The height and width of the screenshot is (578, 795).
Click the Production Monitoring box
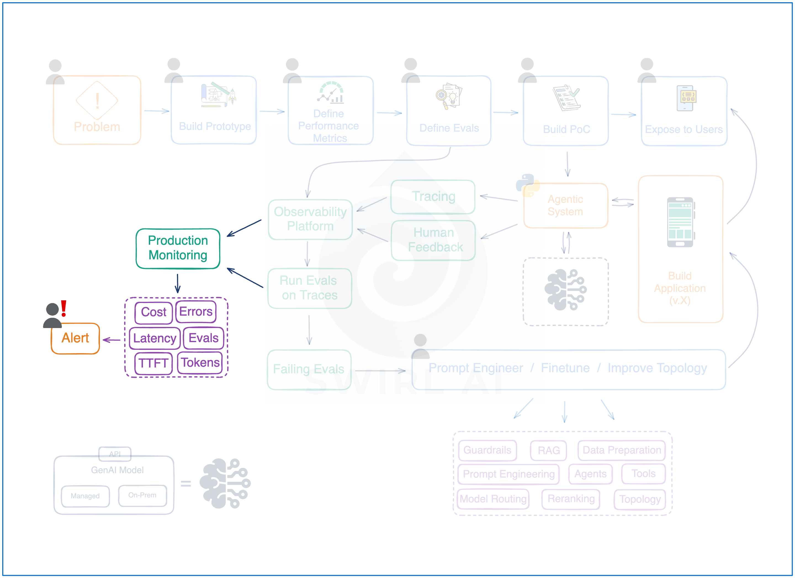pos(178,248)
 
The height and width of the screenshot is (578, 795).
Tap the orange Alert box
pos(75,338)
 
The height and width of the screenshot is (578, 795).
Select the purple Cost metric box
pos(153,312)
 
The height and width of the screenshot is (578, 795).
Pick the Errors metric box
pos(196,311)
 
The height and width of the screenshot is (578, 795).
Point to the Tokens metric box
pos(200,363)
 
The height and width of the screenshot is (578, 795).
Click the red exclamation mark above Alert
pos(63,308)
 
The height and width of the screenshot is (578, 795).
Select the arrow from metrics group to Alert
pos(112,340)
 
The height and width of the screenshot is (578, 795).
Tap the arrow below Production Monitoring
pos(178,283)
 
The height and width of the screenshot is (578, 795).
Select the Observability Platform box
pos(310,219)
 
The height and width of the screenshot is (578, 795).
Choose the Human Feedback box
pos(433,240)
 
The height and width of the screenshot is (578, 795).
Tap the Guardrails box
pos(487,450)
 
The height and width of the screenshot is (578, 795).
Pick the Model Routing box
pos(493,499)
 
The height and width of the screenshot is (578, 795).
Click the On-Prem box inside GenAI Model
pos(142,495)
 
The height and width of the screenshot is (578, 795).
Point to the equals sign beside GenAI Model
pos(186,484)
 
